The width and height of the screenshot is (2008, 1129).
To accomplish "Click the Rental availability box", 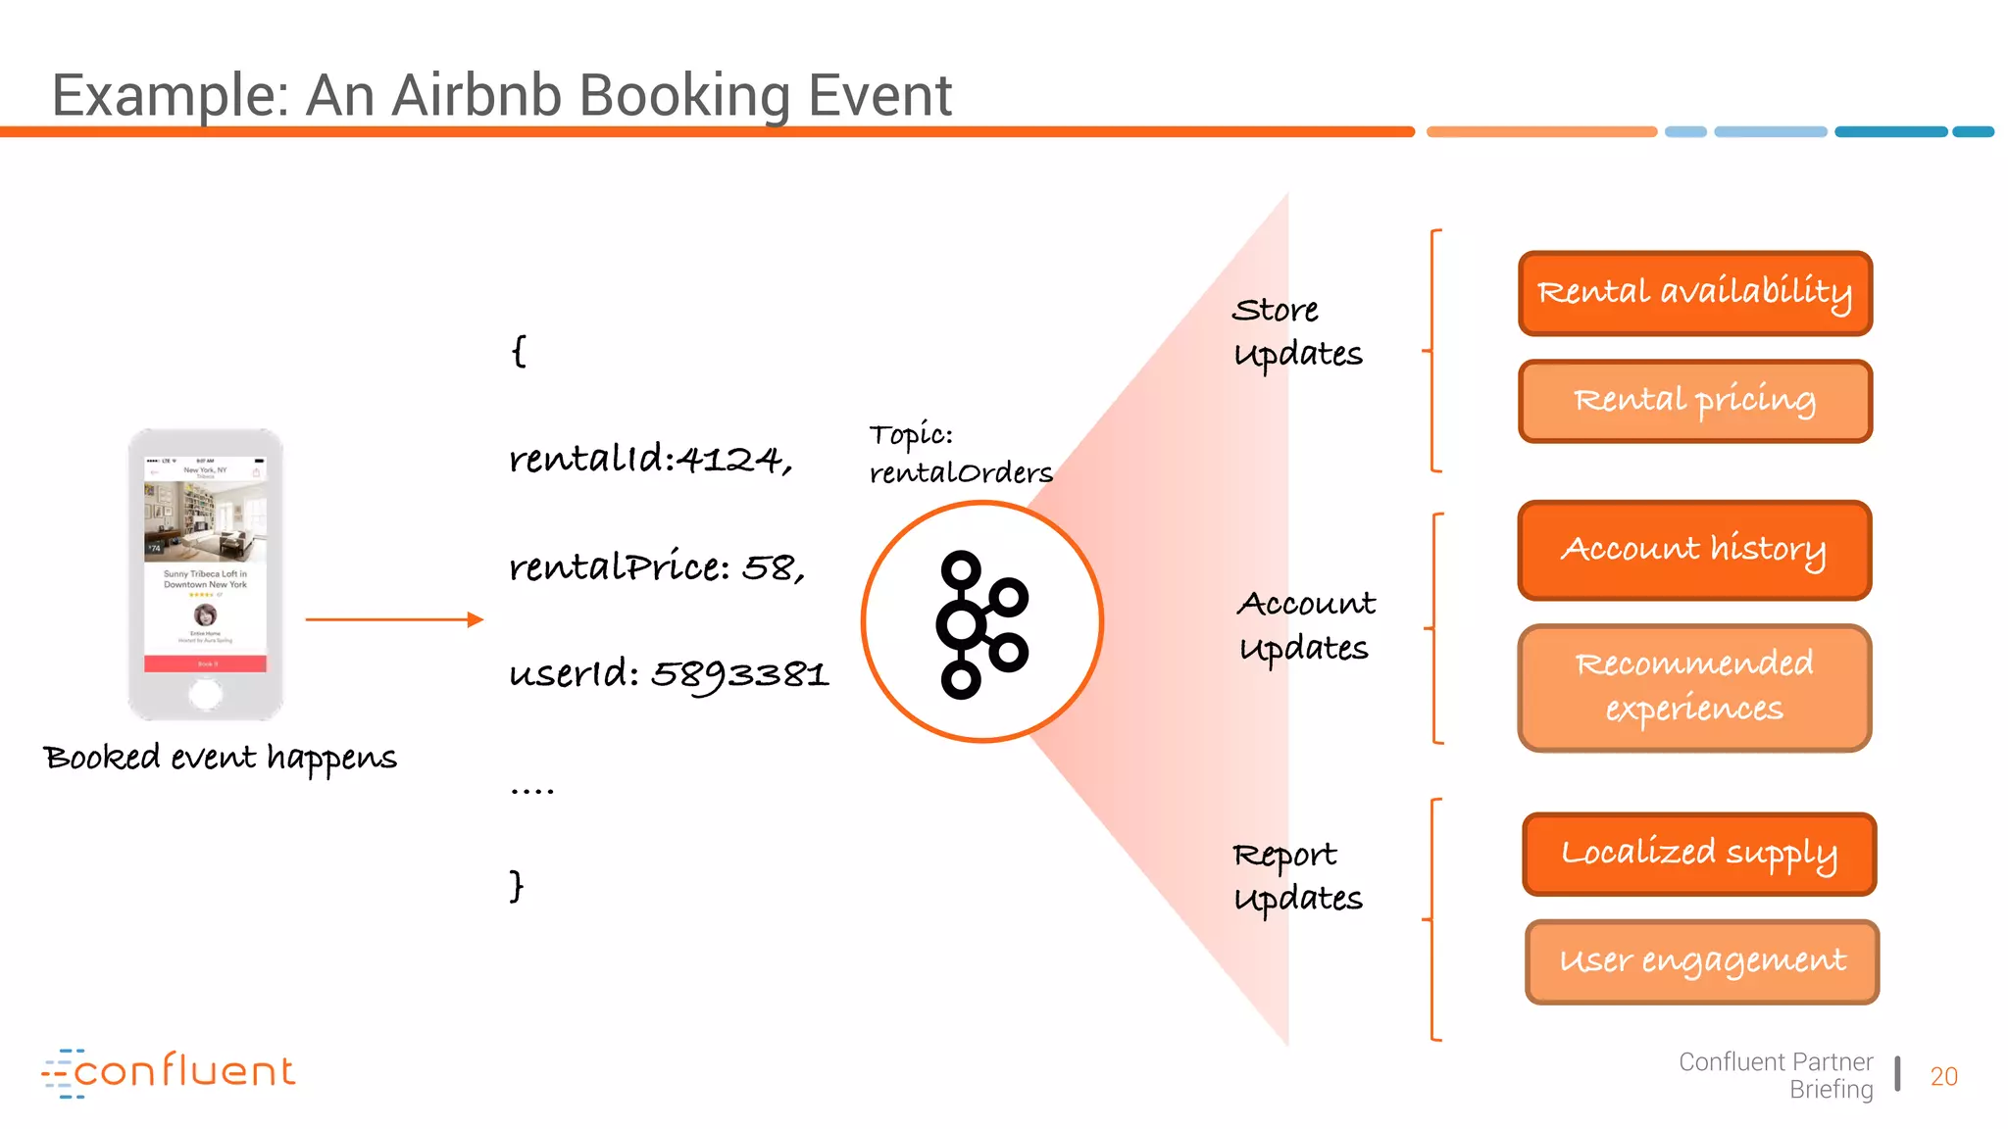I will click(x=1694, y=293).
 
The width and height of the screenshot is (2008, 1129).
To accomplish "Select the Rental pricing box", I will click(x=1694, y=401).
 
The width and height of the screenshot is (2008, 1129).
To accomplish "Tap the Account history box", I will click(x=1694, y=550).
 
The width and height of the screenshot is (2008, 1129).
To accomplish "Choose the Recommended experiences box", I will click(x=1694, y=687).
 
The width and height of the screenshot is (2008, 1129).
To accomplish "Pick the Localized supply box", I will click(x=1698, y=854).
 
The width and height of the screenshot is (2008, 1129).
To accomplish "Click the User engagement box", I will click(x=1702, y=961).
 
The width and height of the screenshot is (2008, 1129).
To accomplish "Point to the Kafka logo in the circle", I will click(x=981, y=623).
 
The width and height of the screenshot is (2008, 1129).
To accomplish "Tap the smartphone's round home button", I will click(x=205, y=695).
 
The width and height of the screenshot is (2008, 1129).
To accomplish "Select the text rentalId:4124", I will click(x=650, y=459).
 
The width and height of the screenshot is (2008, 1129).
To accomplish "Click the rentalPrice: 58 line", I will click(x=656, y=567).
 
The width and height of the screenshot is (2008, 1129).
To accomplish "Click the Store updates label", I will click(x=1296, y=332).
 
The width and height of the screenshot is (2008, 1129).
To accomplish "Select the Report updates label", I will click(x=1296, y=876).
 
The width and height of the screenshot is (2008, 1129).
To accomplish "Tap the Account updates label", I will click(x=1305, y=625).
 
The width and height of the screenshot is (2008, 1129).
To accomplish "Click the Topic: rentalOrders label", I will click(x=959, y=454).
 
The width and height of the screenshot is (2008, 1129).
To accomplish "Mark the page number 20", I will click(x=1943, y=1076).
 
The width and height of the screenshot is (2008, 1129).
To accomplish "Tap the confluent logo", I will click(x=169, y=1072).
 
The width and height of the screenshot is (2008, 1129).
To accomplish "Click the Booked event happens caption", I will click(x=221, y=758).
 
